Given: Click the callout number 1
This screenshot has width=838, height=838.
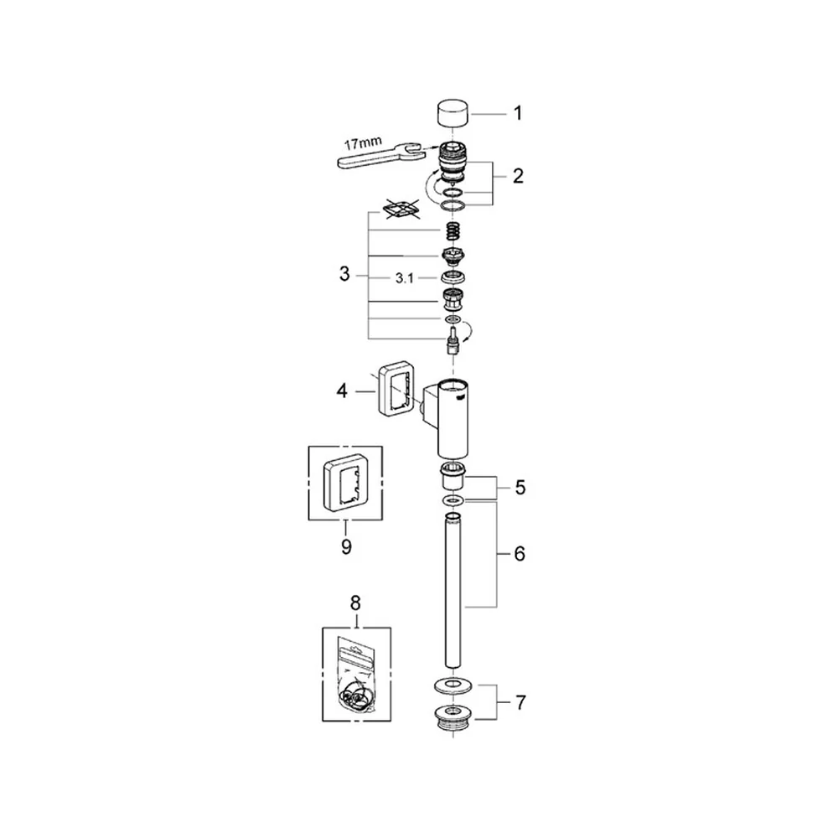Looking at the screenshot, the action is pyautogui.click(x=517, y=113).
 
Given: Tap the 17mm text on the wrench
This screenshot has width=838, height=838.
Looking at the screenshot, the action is pyautogui.click(x=363, y=143).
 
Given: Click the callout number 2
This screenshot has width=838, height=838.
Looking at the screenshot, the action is pyautogui.click(x=518, y=176).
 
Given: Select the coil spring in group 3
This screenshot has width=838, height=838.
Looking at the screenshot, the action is pyautogui.click(x=453, y=231).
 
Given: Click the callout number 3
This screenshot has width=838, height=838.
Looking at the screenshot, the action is pyautogui.click(x=344, y=274).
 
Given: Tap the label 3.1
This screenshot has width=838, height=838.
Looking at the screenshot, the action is pyautogui.click(x=404, y=278).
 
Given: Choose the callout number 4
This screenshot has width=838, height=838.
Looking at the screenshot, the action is pyautogui.click(x=342, y=391).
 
